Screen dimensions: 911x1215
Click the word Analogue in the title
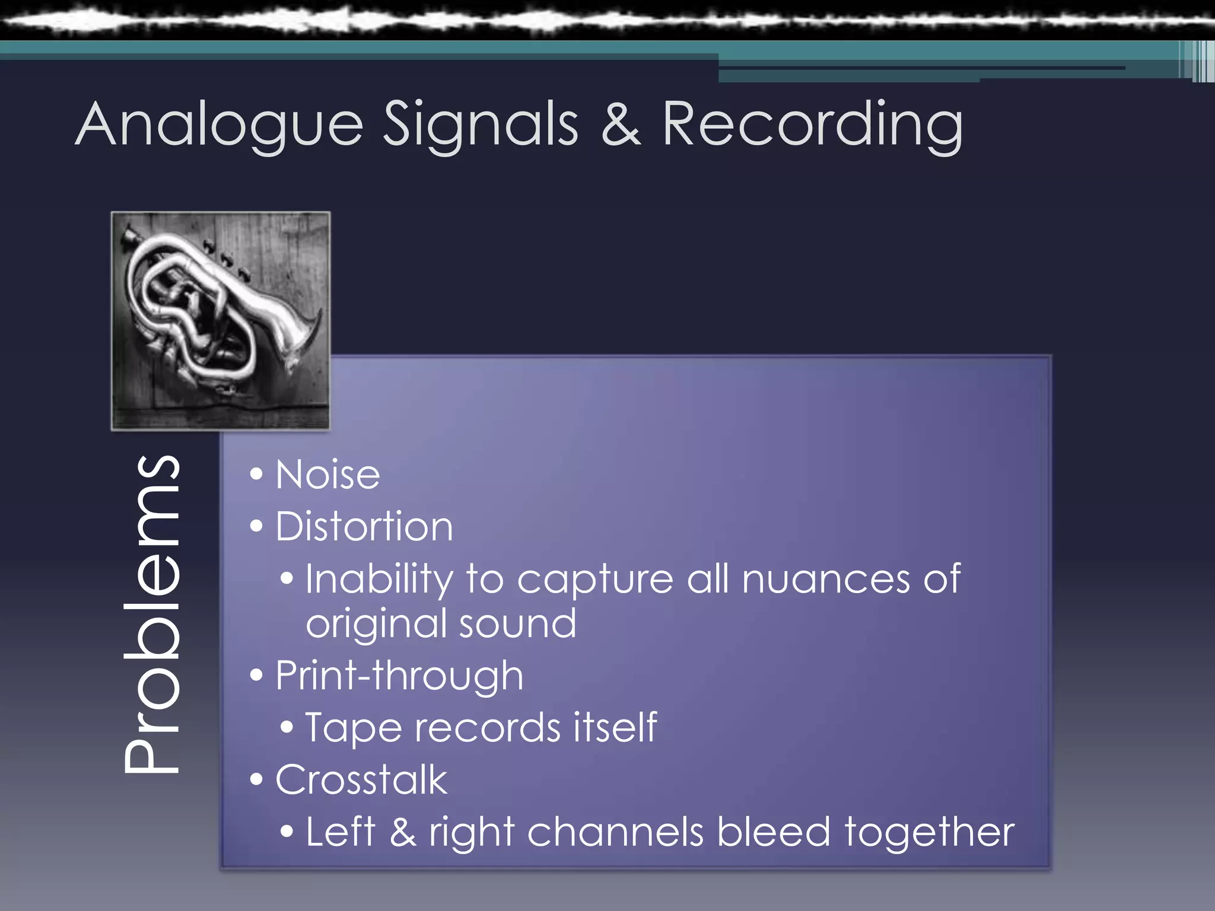coord(219,125)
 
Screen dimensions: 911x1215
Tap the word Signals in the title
coord(481,125)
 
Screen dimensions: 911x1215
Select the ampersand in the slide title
coord(621,125)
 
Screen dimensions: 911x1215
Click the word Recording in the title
coord(812,125)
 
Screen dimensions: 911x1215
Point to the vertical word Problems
coord(151,614)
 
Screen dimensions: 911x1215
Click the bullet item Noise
coord(327,475)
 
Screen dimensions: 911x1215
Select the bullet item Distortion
coord(364,527)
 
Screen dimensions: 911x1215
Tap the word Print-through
coord(399,676)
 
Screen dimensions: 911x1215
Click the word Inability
coord(379,579)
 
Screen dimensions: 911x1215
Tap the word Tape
coord(353,728)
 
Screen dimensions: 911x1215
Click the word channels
coord(615,832)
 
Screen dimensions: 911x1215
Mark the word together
coord(929,833)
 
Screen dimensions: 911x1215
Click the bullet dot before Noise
coord(256,474)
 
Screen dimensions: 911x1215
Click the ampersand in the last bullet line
coord(403,832)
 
